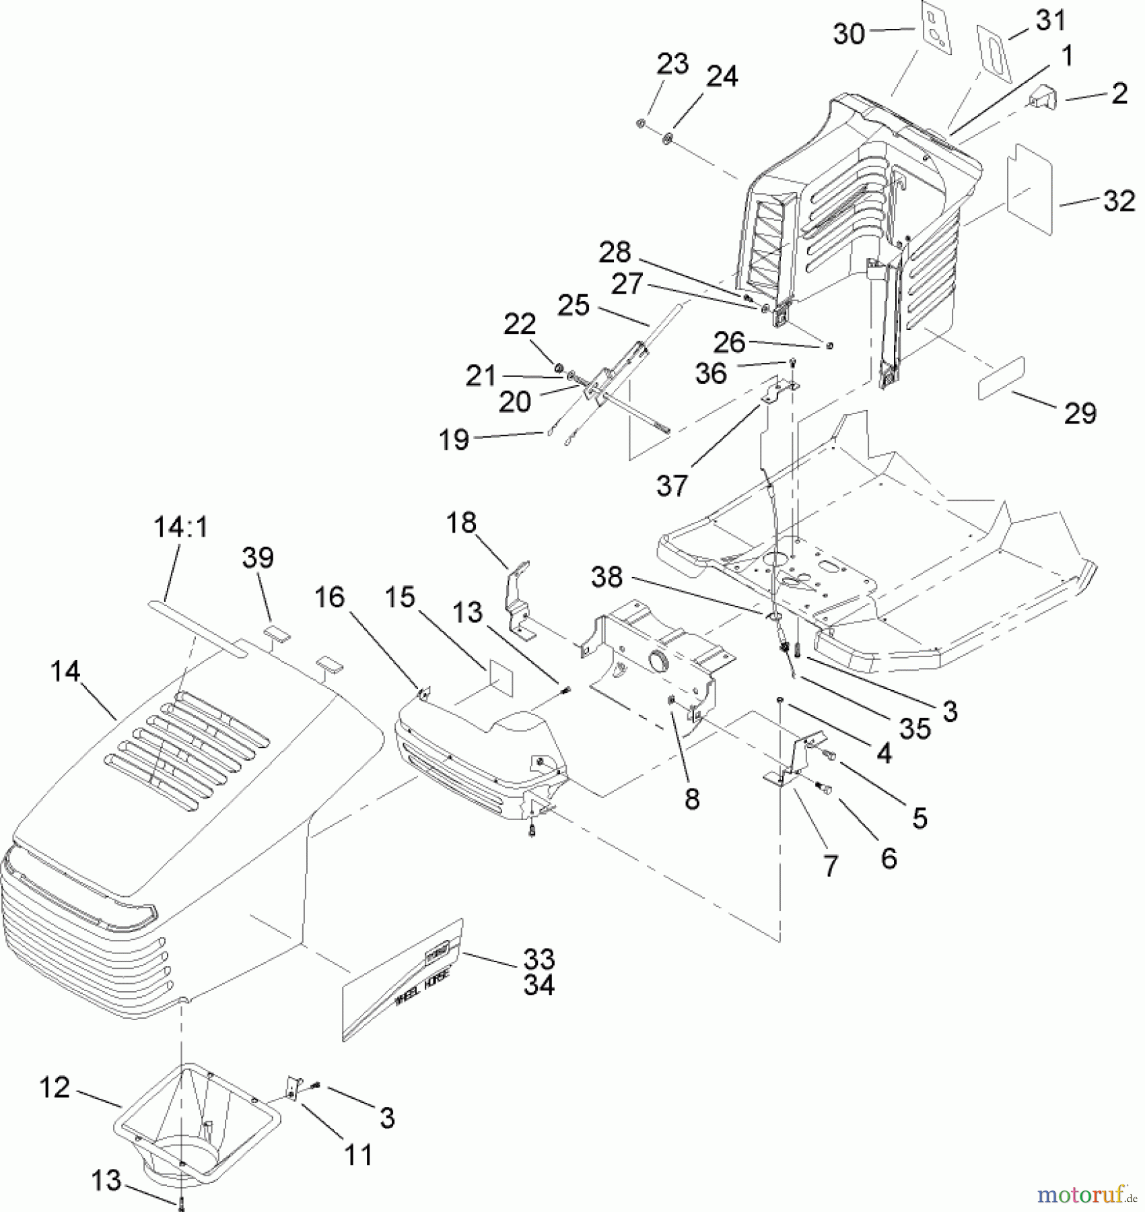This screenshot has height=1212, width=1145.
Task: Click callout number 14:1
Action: point(180,527)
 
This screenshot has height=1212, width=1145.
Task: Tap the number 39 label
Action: point(258,558)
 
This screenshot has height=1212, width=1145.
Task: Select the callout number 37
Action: point(672,485)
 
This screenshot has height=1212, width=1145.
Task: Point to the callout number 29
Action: point(1080,413)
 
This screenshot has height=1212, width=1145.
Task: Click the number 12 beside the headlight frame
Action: point(55,1087)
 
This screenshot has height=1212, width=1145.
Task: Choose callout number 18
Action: point(461,523)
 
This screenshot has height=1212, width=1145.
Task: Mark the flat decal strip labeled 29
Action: point(1001,379)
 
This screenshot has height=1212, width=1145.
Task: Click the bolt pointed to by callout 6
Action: point(823,788)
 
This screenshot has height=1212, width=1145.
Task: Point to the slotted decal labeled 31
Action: point(995,53)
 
